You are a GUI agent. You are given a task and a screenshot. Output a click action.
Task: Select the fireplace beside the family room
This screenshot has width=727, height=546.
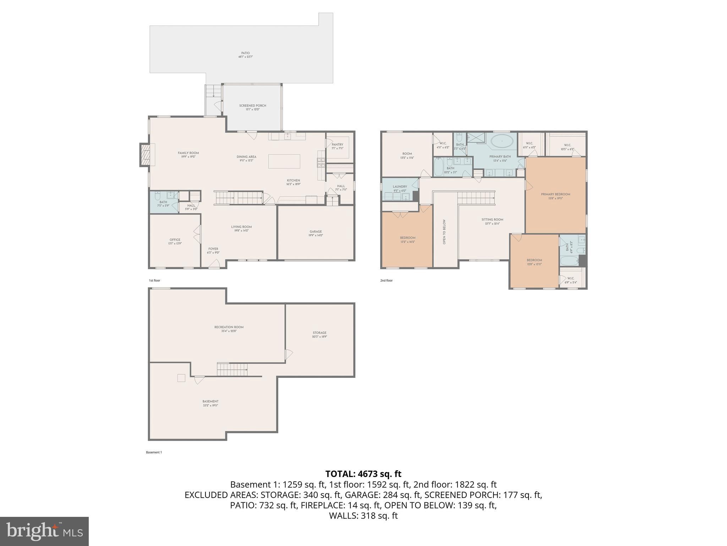coord(145,155)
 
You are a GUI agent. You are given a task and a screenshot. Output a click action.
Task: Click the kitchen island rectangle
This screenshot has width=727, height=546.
coord(284,161)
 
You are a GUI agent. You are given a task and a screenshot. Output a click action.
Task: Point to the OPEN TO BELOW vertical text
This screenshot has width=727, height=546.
coord(444,232)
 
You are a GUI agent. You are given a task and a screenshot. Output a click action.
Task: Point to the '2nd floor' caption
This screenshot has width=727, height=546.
coord(386,280)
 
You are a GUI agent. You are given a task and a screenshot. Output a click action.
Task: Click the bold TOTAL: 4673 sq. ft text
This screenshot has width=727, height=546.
coord(363,474)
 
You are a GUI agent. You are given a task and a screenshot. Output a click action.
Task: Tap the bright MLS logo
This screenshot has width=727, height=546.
coord(44,531)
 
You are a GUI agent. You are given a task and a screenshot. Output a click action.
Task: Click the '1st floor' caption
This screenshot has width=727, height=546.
coord(154,280)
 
